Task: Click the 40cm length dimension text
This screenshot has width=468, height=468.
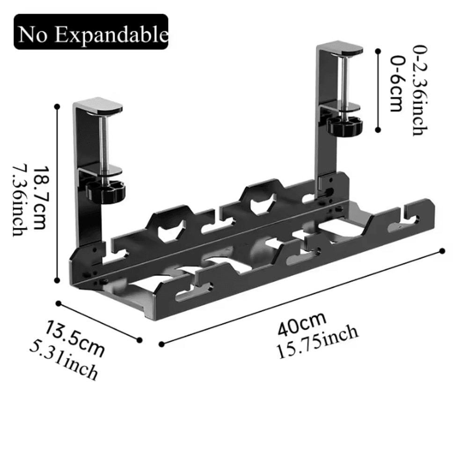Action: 301,322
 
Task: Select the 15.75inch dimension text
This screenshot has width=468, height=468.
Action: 317,340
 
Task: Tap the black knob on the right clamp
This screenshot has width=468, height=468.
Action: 345,125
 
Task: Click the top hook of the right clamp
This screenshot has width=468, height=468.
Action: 340,48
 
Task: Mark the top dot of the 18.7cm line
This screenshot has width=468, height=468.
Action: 58,107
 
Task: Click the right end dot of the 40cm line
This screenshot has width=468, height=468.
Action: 442,251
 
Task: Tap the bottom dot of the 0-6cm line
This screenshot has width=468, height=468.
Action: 378,131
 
